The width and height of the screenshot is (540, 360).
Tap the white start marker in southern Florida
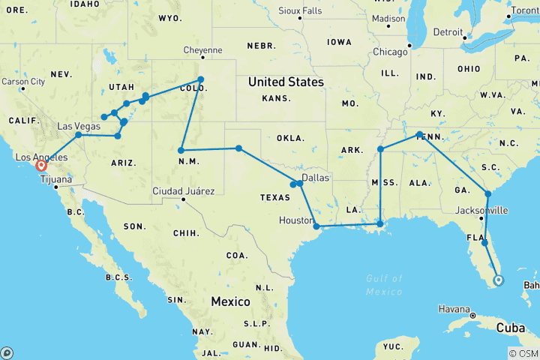[x=499, y=281]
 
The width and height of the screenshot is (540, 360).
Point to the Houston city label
[x=295, y=220]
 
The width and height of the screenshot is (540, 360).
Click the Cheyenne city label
[x=202, y=50]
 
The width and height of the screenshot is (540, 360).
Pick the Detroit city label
[x=448, y=32]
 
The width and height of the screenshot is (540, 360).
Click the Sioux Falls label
[x=299, y=10]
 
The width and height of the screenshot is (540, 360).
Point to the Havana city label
[x=454, y=308]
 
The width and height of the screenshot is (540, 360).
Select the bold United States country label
[x=286, y=82]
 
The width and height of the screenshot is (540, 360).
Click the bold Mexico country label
[x=231, y=301]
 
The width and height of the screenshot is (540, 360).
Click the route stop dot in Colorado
[x=200, y=79]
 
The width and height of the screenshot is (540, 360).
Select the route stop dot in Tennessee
[x=420, y=134]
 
